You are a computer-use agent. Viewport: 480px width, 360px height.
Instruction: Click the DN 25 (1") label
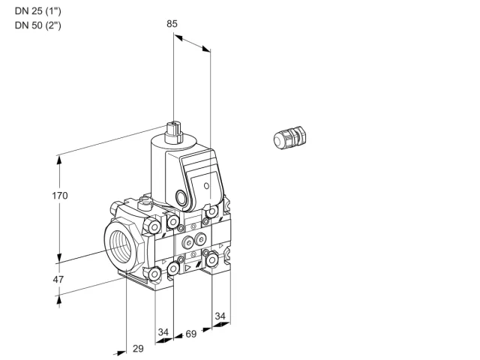pos(38,11)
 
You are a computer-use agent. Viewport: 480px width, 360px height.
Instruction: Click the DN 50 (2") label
pos(38,25)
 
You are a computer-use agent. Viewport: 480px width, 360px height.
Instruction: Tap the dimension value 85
pos(172,24)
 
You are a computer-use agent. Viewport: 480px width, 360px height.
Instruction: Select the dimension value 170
pos(60,196)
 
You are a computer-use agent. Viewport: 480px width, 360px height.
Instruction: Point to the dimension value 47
pos(58,280)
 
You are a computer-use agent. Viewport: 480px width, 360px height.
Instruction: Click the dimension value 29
pos(138,348)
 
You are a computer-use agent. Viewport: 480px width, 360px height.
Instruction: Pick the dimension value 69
pos(191,334)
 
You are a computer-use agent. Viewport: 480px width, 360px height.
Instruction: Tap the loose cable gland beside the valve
pos(289,138)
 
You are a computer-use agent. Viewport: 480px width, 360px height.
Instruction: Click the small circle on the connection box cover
pos(207,186)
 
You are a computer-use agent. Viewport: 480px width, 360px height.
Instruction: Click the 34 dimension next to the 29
pos(163,332)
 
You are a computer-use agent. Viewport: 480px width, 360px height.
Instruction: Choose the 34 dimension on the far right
pos(220,316)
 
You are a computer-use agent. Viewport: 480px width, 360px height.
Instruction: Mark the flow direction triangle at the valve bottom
pos(187,268)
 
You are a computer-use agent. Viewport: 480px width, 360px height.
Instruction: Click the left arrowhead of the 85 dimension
pos(178,37)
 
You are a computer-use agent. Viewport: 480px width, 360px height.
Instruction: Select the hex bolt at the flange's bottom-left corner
pos(154,274)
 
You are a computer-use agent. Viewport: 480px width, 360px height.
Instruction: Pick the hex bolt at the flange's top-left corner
pos(154,226)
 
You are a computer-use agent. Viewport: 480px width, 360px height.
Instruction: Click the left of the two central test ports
pos(187,243)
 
